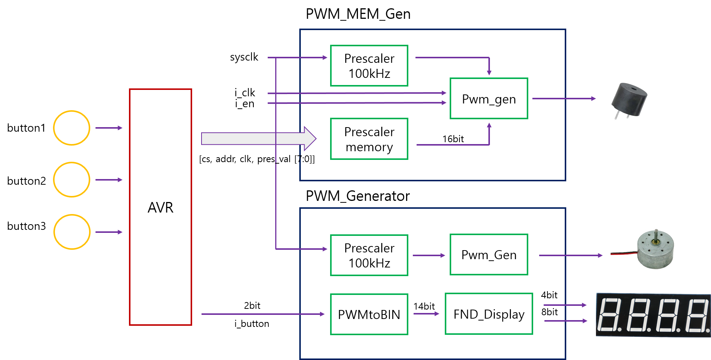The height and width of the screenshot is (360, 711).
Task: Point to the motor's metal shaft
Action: point(656,235)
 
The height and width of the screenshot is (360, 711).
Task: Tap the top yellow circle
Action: point(71,128)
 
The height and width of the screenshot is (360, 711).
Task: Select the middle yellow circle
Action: point(71,179)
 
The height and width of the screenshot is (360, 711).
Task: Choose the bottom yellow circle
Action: point(72,232)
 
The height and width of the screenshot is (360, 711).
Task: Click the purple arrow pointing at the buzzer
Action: point(564,99)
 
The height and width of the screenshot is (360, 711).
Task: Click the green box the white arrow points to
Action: point(369,139)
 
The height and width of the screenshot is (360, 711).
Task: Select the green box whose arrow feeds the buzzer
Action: point(489,99)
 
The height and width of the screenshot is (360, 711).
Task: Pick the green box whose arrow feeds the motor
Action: point(489,255)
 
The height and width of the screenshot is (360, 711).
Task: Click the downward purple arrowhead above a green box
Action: point(489,72)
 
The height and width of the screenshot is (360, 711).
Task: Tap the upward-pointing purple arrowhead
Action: point(489,126)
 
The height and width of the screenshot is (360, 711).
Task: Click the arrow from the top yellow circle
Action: point(109,128)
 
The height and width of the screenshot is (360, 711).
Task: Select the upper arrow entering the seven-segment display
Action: point(565,305)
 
